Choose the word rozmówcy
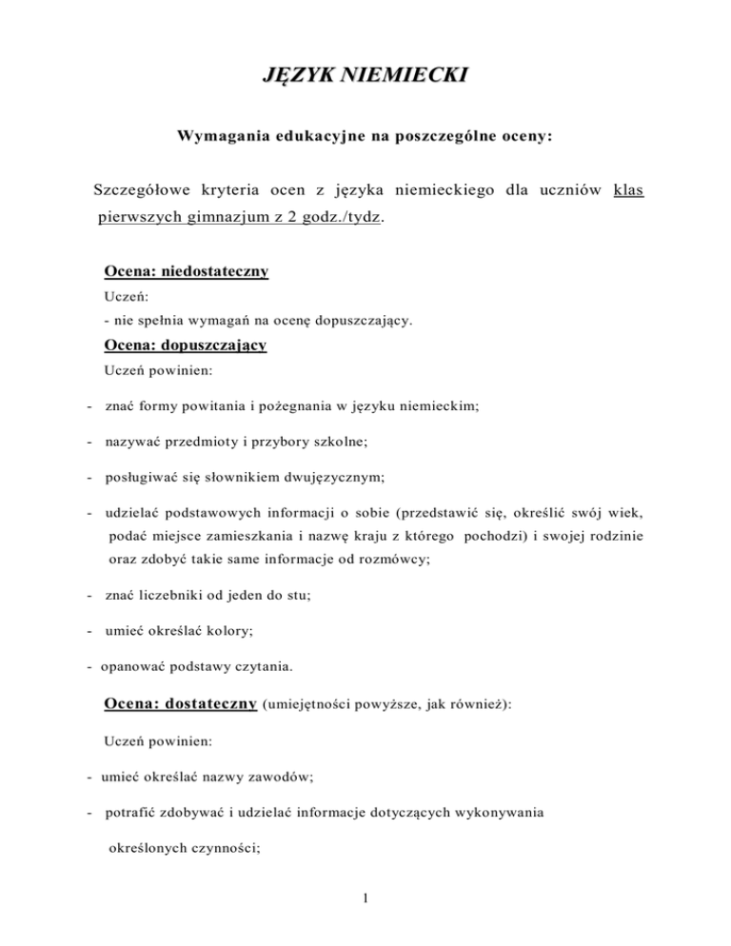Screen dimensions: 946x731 (391, 561)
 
